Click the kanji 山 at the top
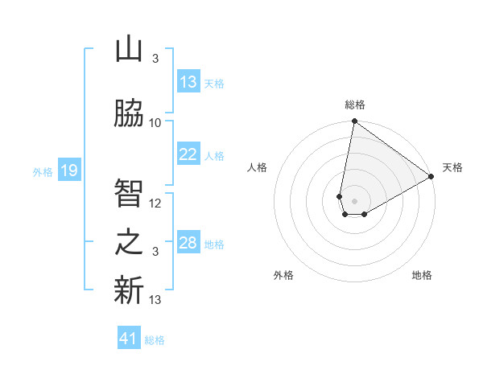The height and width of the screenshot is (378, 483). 129,50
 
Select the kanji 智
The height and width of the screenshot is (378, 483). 129,193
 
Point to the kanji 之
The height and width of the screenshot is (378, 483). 129,242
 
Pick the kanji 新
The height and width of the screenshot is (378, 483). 129,290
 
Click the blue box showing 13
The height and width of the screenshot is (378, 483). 188,82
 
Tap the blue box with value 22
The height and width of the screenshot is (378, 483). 188,154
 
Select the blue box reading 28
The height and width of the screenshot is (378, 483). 188,243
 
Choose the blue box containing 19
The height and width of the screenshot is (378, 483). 69,171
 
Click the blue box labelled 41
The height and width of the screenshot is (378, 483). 130,339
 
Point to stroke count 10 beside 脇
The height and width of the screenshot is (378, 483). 155,123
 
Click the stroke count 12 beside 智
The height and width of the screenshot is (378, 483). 155,203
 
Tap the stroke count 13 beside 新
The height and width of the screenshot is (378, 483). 155,300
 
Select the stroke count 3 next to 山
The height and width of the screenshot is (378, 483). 155,59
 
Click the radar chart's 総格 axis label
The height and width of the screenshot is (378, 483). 354,105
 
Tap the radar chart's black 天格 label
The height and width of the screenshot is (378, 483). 452,167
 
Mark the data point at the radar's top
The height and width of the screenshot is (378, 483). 354,121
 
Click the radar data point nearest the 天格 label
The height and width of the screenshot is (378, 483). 431,176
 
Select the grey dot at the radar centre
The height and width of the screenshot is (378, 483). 354,199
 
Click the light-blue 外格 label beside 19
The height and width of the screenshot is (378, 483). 43,171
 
